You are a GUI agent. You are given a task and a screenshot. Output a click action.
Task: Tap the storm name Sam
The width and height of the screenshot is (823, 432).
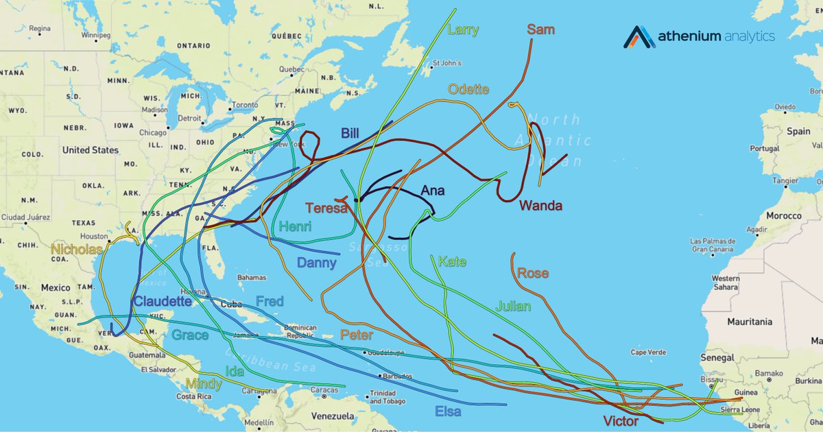(x=540, y=29)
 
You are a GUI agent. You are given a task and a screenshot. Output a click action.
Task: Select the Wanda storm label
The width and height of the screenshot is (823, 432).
(x=540, y=205)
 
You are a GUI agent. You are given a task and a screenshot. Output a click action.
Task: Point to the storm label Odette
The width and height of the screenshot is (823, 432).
(x=468, y=89)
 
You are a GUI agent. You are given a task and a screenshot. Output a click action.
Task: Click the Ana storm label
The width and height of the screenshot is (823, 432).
(x=432, y=191)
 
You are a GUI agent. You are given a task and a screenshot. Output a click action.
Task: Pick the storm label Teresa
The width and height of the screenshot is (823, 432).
(x=326, y=208)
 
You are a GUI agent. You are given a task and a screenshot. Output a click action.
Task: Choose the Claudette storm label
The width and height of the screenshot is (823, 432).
(x=162, y=301)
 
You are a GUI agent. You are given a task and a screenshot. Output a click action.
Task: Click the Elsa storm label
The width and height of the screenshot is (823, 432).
(x=448, y=411)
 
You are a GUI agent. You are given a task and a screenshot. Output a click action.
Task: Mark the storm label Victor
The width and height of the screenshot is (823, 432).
(x=620, y=420)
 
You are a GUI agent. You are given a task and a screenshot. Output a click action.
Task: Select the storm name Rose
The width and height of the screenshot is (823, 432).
(x=533, y=273)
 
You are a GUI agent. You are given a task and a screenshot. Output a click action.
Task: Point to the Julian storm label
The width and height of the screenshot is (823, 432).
(x=513, y=306)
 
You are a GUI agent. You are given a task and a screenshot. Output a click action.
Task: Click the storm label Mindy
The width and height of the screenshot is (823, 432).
(x=204, y=384)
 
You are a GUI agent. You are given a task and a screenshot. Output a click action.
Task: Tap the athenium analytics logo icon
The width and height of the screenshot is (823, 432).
(x=639, y=37)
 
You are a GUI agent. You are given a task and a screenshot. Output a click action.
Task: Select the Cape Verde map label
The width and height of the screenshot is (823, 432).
(x=648, y=352)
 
